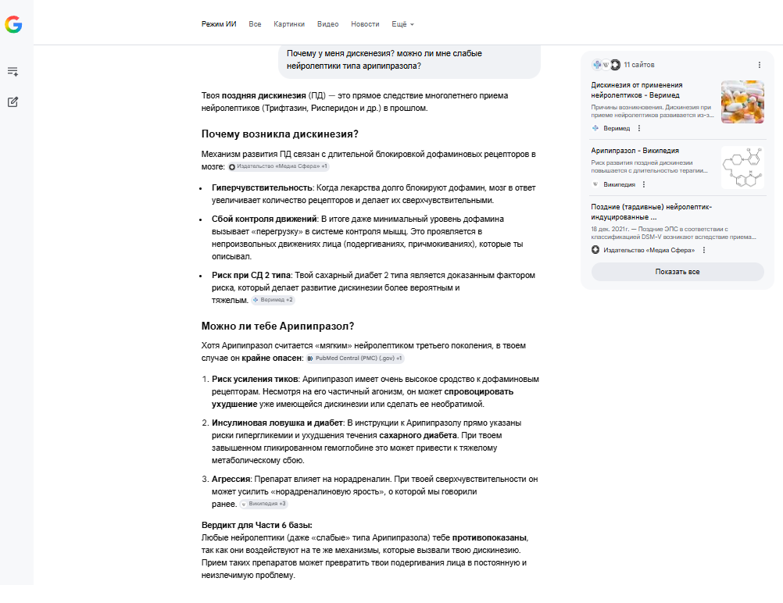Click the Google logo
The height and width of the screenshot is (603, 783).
13,25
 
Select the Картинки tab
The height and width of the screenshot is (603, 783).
289,24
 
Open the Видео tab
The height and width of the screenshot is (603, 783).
328,24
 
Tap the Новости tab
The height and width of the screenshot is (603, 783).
365,24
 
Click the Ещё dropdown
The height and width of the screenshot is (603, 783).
402,24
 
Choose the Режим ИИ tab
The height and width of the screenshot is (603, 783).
219,24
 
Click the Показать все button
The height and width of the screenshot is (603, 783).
677,272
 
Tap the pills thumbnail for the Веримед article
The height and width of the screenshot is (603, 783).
742,102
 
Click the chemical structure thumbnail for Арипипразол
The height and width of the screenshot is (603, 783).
742,167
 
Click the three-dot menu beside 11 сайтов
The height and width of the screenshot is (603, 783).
759,65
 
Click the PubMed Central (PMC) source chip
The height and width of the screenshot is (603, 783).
355,359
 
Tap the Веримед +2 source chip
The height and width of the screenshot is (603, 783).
274,300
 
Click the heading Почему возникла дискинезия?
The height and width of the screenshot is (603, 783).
280,134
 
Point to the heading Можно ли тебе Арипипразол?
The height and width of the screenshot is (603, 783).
277,326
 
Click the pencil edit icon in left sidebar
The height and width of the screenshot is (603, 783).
13,102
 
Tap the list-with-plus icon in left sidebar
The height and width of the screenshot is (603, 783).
13,71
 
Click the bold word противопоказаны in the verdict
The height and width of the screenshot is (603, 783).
495,538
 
